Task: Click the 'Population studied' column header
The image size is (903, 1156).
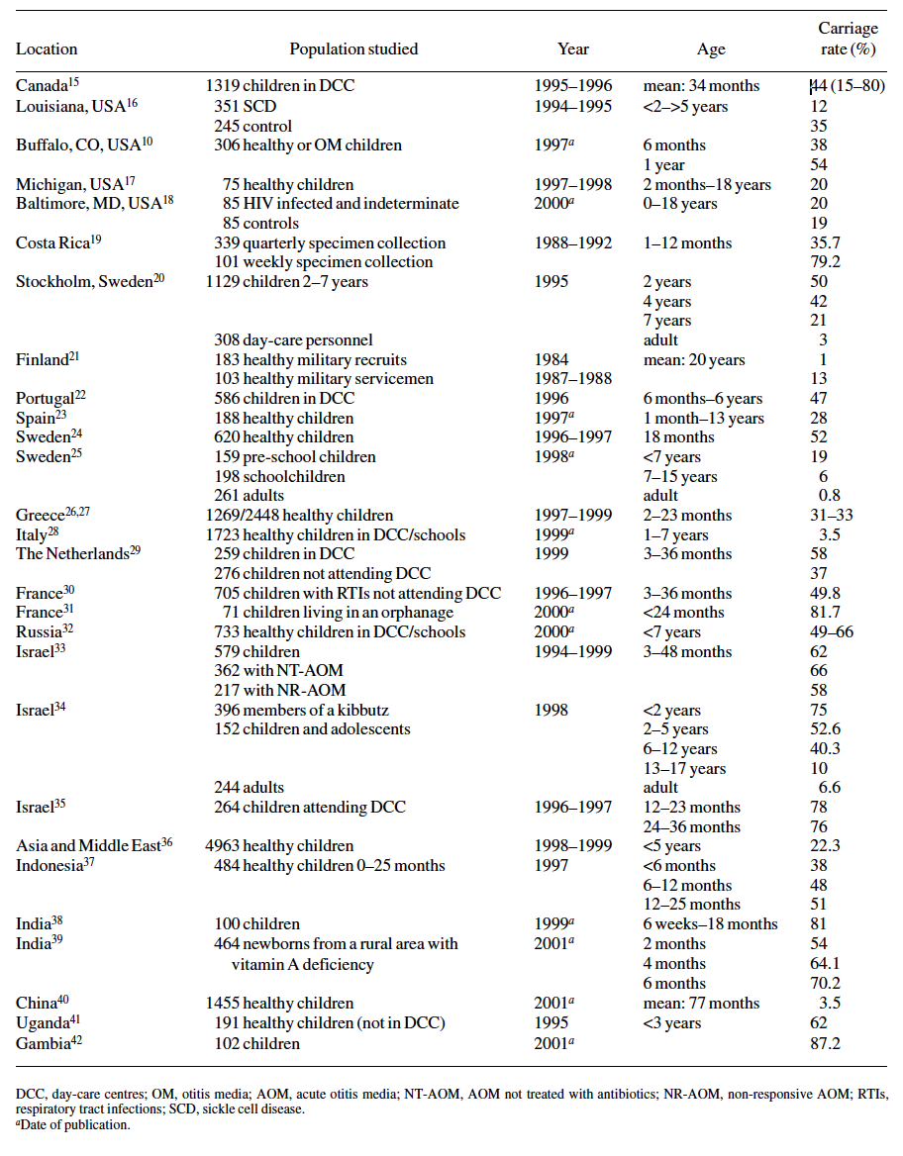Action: click(353, 48)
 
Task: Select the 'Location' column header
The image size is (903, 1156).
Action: click(47, 48)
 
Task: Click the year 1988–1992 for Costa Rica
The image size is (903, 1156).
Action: click(572, 242)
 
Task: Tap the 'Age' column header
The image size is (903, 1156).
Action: click(711, 48)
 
